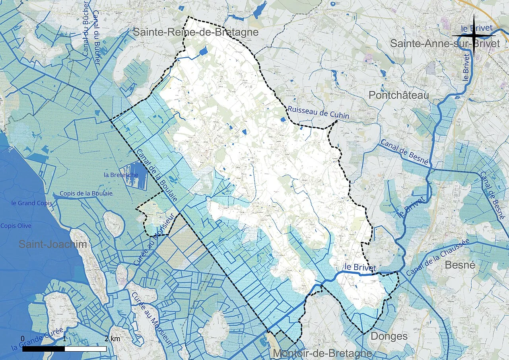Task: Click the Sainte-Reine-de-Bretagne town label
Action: coord(196,32)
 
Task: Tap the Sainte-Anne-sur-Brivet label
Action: coord(445,44)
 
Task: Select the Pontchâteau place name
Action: coord(399,95)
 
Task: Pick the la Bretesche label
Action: coord(121,175)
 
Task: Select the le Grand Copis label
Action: coord(32,203)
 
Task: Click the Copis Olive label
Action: coord(16,226)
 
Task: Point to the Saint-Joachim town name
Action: coord(52,244)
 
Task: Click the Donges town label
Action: coord(389,336)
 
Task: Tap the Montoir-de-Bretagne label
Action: coord(322,353)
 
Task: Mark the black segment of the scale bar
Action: coord(43,349)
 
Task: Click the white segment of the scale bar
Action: coord(85,349)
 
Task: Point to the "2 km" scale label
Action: coord(112,339)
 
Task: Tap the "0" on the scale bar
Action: coord(22,339)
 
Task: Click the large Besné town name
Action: coord(460,265)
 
